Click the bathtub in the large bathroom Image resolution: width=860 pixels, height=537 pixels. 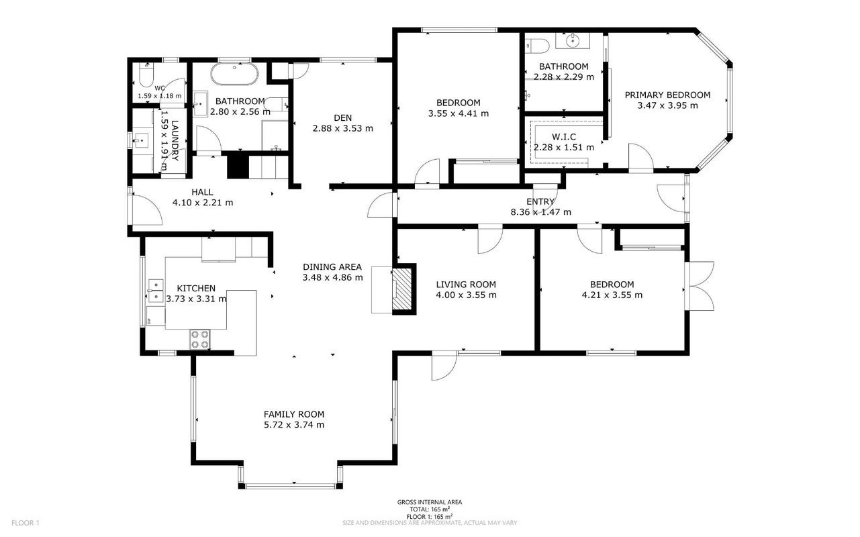tap(234, 74)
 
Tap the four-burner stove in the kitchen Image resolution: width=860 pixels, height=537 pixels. tap(199, 340)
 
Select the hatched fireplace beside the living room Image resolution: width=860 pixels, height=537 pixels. tap(403, 289)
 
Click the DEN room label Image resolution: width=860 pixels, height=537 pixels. tap(342, 118)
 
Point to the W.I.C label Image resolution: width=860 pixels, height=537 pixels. tap(564, 137)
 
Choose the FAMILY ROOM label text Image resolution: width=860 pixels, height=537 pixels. tap(293, 414)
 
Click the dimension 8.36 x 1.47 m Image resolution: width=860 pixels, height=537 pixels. tap(540, 212)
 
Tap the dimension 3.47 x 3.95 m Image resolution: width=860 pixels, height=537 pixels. tap(667, 105)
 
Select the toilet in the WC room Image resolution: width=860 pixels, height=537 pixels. tap(146, 75)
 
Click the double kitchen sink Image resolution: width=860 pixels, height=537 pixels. tap(156, 291)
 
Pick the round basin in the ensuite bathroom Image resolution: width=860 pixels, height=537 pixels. tap(573, 40)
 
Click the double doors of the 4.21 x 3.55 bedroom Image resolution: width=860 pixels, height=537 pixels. tap(700, 286)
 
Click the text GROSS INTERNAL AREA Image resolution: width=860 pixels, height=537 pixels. tap(430, 502)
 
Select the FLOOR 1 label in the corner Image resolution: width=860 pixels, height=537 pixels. tap(26, 523)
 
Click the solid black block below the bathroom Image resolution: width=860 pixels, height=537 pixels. tap(238, 165)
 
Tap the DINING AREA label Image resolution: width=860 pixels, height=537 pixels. tap(332, 266)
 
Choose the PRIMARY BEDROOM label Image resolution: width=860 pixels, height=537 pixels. tap(667, 95)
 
